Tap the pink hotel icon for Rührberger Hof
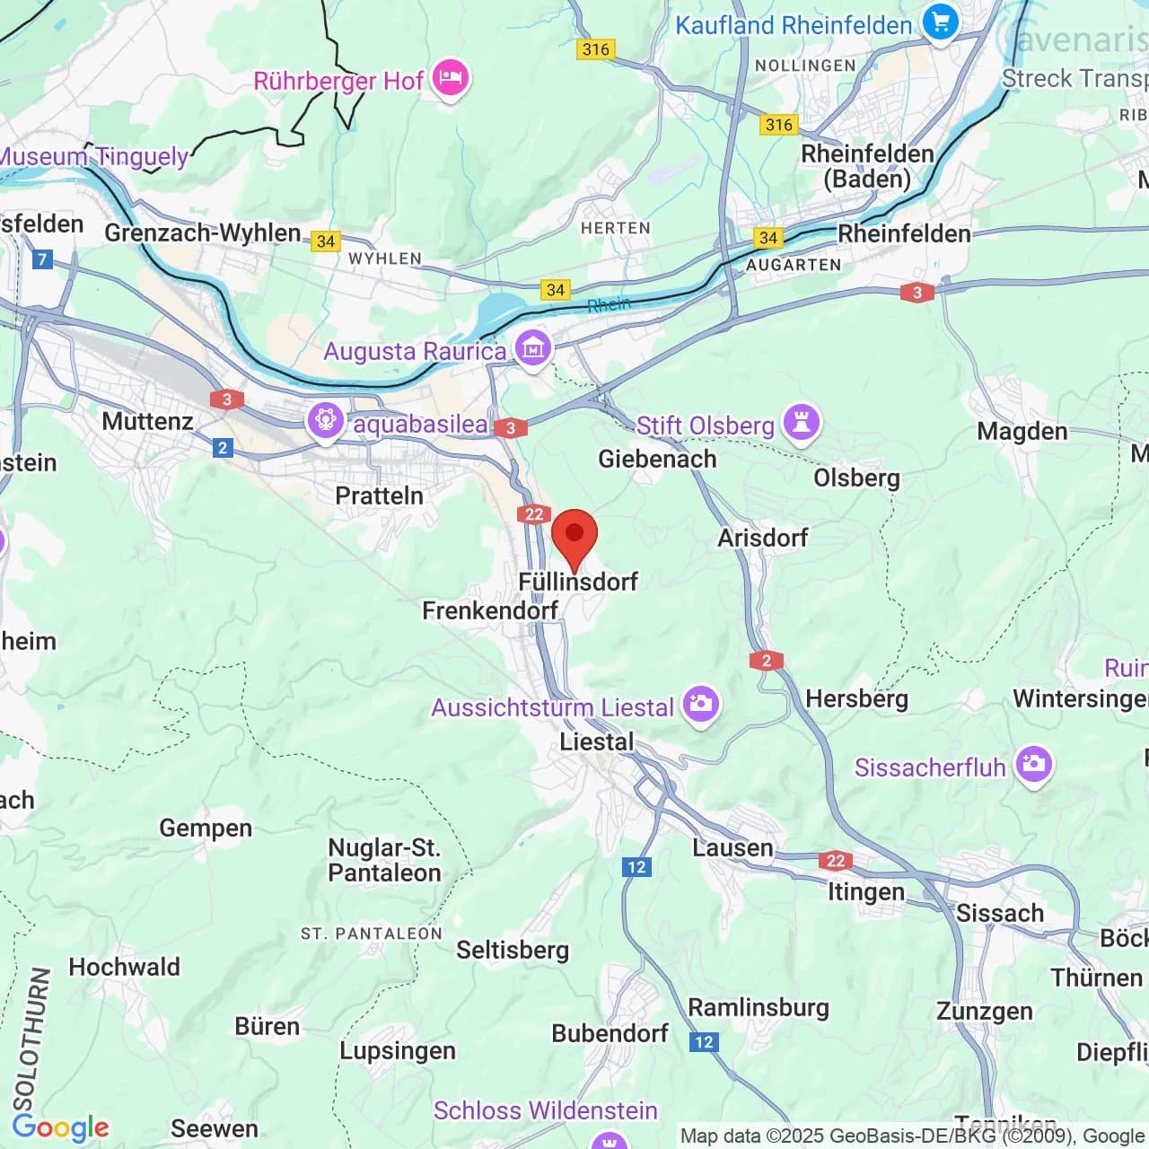451,79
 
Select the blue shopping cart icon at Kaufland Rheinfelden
940,22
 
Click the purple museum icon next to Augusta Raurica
532,348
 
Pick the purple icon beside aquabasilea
325,421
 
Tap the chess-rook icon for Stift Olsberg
801,422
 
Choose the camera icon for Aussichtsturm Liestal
700,705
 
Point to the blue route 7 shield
41,259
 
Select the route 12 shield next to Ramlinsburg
704,1041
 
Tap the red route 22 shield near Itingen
836,861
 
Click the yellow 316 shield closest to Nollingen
778,125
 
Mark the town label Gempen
206,828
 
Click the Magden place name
1022,432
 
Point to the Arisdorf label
762,538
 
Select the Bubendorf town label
610,1033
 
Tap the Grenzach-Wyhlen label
203,233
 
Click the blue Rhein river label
609,305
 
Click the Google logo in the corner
61,1127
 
